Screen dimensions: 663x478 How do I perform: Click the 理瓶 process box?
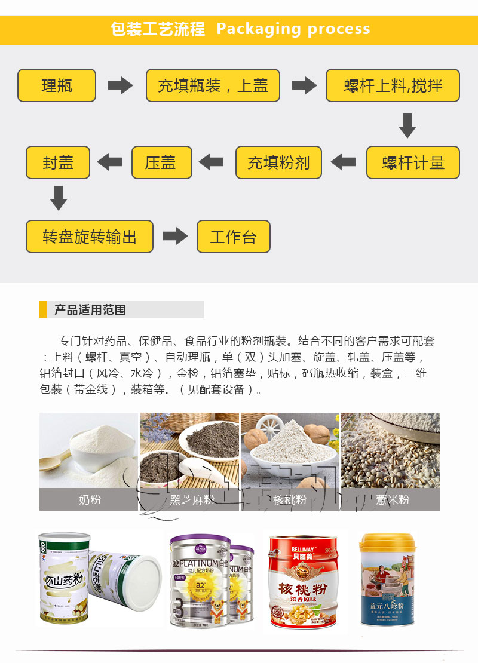[x=57, y=85]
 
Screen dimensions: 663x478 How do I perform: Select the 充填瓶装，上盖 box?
[x=213, y=85]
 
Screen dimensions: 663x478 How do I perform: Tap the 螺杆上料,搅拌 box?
[x=393, y=85]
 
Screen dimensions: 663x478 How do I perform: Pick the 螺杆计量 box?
[x=413, y=162]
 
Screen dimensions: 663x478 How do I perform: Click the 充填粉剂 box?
[x=278, y=162]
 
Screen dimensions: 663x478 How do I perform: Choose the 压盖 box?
[x=161, y=162]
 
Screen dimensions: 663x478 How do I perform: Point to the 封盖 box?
[x=57, y=162]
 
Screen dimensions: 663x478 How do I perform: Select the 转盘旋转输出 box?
[x=90, y=237]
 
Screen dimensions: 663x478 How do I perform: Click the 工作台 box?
[x=233, y=237]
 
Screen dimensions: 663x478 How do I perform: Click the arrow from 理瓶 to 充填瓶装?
[x=120, y=85]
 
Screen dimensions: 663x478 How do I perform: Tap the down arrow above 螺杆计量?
[x=407, y=125]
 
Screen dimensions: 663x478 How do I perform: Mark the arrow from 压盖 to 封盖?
[x=109, y=162]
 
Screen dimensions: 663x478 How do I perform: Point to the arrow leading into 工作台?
[x=175, y=236]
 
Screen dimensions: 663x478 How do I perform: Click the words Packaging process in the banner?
[x=293, y=29]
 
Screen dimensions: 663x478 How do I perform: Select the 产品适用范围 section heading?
[x=90, y=310]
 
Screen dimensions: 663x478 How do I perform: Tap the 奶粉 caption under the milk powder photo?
[x=89, y=499]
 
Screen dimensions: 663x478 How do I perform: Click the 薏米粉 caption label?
[x=392, y=499]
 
